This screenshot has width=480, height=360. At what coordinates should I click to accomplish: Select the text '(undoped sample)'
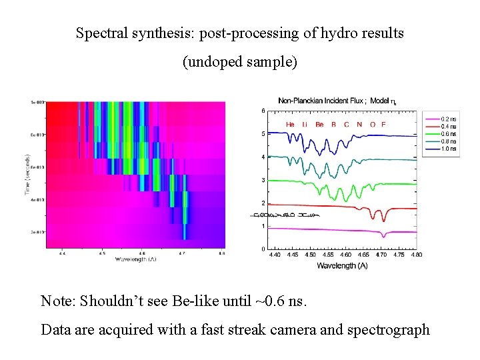pyautogui.click(x=240, y=63)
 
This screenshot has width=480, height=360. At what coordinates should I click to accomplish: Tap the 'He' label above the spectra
pyautogui.click(x=290, y=125)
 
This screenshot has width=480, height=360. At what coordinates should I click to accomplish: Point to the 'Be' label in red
pyautogui.click(x=320, y=125)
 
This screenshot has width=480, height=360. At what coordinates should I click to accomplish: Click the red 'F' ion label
pyautogui.click(x=383, y=125)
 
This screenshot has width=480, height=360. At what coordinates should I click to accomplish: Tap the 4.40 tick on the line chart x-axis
pyautogui.click(x=274, y=255)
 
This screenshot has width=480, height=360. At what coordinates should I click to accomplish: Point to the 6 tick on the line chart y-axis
pyautogui.click(x=263, y=111)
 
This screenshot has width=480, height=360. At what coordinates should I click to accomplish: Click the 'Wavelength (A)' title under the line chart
pyautogui.click(x=341, y=265)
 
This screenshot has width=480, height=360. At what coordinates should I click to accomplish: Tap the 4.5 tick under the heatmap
pyautogui.click(x=101, y=253)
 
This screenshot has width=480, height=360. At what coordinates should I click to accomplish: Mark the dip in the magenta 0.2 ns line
pyautogui.click(x=383, y=235)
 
